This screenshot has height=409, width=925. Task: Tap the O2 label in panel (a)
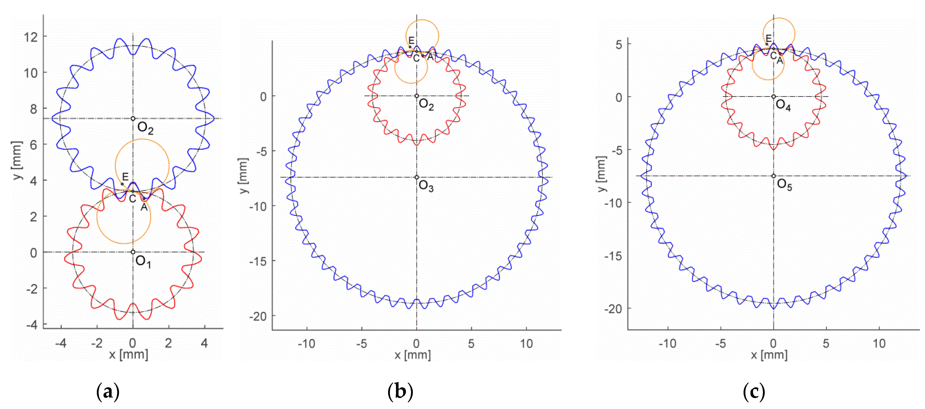coord(145,128)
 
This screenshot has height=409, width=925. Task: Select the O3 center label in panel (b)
coord(426,186)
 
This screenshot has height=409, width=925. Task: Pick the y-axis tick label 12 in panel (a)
coord(31,37)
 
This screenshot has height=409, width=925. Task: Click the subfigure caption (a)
coord(108,392)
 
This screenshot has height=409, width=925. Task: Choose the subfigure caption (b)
coord(400,392)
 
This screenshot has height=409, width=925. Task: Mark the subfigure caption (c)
coord(754,392)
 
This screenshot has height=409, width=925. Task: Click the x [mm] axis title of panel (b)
coord(413,355)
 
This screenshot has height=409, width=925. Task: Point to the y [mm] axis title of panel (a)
coord(17,160)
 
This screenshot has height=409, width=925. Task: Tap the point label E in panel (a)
coord(125,177)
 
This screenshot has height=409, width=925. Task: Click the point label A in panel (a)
coord(144,207)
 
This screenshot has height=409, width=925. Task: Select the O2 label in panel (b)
coord(426,105)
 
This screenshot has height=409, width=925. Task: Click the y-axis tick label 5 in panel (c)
coord(619,45)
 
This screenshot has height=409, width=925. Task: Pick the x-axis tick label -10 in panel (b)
coord(306,344)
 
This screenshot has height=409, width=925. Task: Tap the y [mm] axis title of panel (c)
coord(601,174)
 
